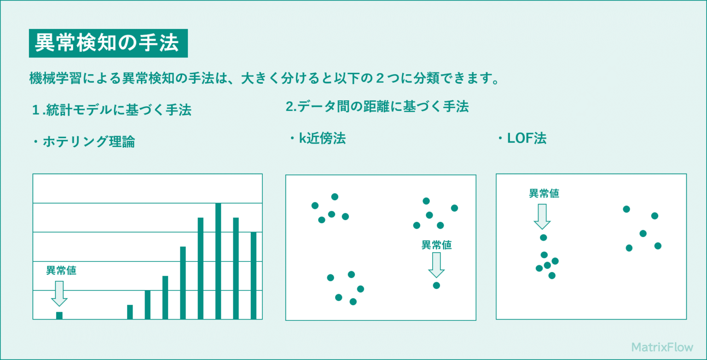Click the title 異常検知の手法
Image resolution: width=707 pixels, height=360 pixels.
point(108,43)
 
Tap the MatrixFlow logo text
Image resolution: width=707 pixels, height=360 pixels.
point(662,347)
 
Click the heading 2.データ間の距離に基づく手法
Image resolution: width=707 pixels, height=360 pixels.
point(377,107)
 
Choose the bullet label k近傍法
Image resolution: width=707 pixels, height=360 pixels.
point(318,139)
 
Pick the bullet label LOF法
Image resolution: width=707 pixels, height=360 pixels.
point(522,139)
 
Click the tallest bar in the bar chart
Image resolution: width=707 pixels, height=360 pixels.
point(218,261)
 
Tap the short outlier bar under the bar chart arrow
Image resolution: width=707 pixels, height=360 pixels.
point(59,315)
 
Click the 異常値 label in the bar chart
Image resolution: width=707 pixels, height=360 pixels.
point(61,270)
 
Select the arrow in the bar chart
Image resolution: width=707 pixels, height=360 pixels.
point(59,293)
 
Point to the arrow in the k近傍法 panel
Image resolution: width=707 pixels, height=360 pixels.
point(436,265)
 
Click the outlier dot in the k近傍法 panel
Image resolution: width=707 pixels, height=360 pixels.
point(436,285)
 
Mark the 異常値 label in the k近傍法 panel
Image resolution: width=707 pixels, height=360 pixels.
point(436,245)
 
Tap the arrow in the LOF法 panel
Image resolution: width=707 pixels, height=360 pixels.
point(542,216)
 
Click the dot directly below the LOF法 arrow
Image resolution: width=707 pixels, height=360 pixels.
point(543,238)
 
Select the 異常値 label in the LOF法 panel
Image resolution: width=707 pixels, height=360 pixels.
point(544,193)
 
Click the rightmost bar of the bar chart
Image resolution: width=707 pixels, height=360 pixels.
point(254,275)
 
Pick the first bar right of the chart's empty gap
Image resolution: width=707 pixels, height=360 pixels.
point(130,312)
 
